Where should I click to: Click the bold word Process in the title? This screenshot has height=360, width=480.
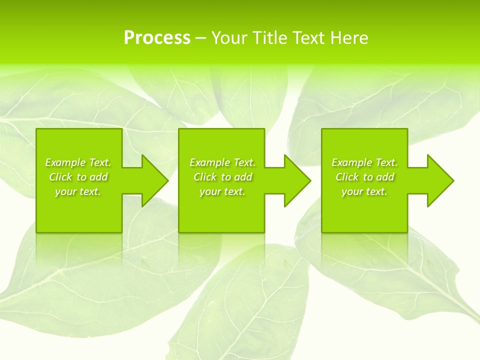pyautogui.click(x=157, y=38)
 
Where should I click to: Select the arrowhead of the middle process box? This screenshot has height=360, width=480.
pyautogui.click(x=296, y=180)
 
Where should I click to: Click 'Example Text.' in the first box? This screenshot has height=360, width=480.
pyautogui.click(x=78, y=162)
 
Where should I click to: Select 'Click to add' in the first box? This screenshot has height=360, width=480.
pyautogui.click(x=78, y=177)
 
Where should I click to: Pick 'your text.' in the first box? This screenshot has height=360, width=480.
pyautogui.click(x=78, y=191)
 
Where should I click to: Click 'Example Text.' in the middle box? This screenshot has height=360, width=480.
pyautogui.click(x=222, y=162)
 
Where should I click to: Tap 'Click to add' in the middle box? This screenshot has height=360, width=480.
pyautogui.click(x=222, y=177)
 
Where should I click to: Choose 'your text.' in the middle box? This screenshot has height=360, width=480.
pyautogui.click(x=222, y=191)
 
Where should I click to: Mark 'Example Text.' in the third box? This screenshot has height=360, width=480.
pyautogui.click(x=364, y=162)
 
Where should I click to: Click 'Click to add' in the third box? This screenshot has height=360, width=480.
pyautogui.click(x=364, y=177)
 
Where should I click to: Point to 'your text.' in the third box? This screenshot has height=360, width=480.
pyautogui.click(x=364, y=191)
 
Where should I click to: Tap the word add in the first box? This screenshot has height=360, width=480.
pyautogui.click(x=98, y=177)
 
